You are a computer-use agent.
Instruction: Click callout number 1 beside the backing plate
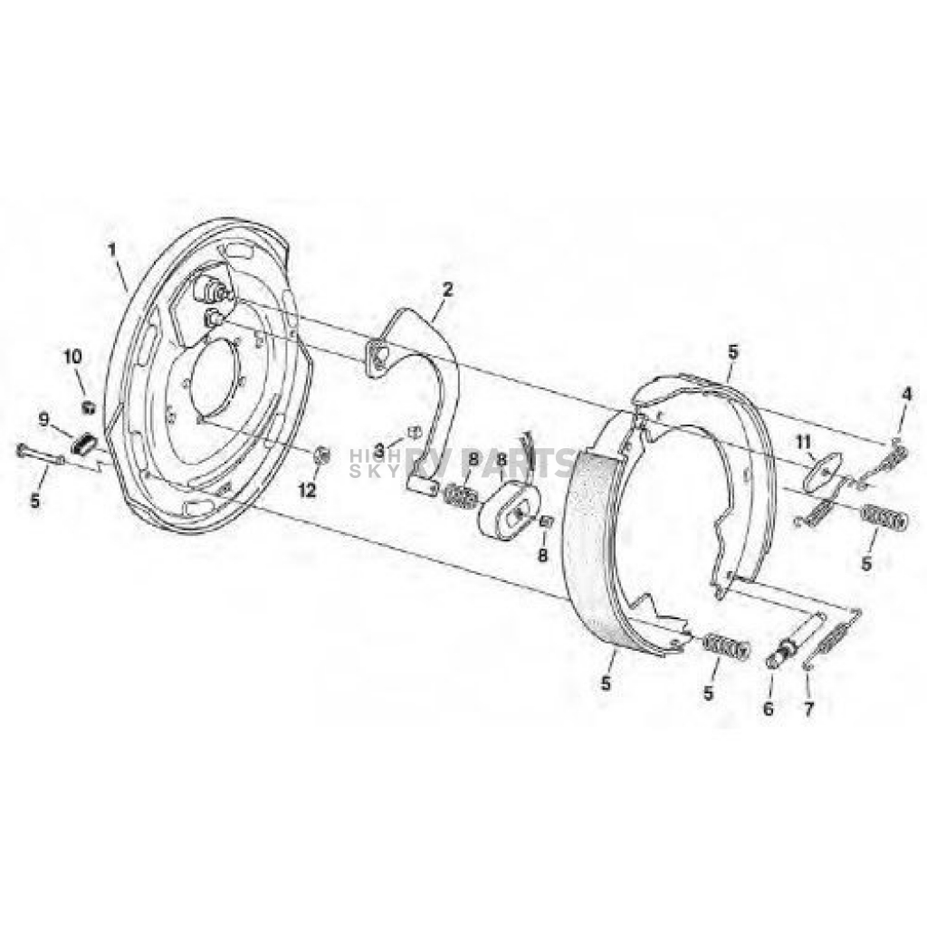coord(114,246)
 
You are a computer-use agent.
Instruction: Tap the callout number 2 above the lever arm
coord(447,289)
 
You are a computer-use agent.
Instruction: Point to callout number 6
coord(769,710)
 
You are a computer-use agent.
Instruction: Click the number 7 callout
coord(808,709)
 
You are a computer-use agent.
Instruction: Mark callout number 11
coord(801,441)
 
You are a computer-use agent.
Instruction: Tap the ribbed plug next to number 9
coord(84,444)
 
